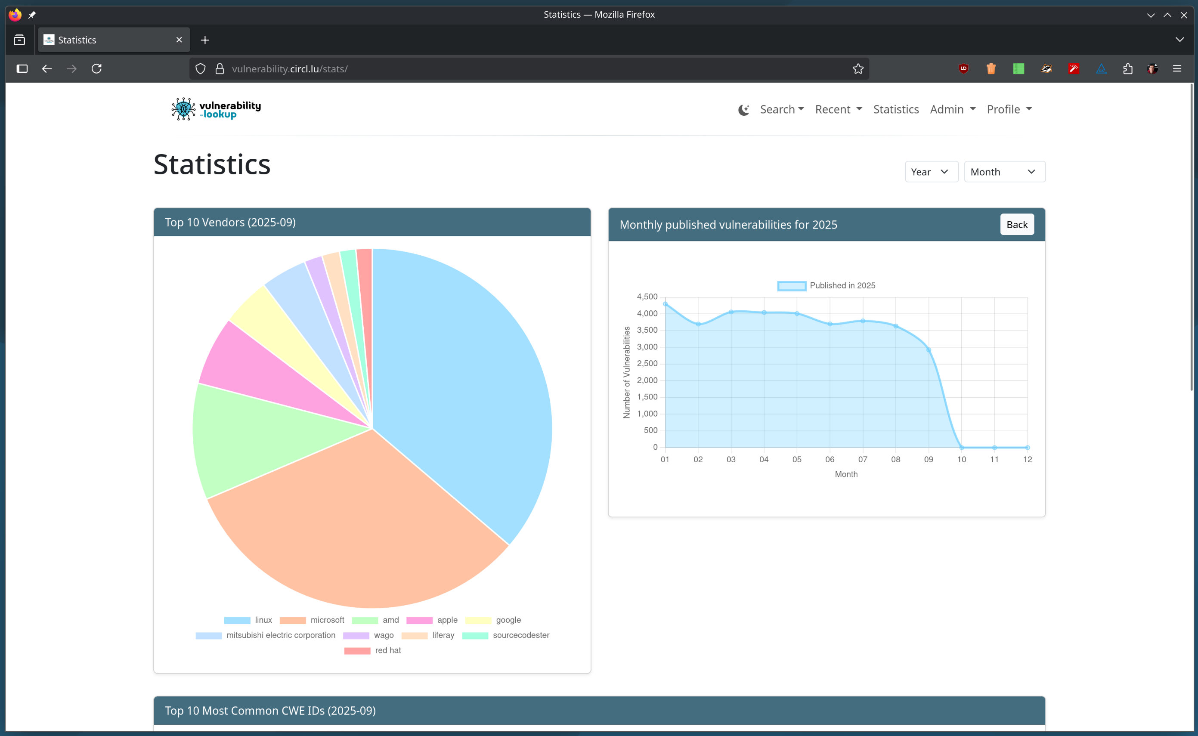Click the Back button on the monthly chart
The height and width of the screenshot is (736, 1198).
pos(1016,224)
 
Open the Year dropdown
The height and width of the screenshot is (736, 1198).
pos(931,172)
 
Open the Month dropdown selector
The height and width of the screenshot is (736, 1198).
pos(1004,172)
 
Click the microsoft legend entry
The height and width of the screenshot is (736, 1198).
pos(312,620)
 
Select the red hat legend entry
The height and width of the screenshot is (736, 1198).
pos(372,650)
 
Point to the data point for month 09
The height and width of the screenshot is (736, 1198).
pos(929,349)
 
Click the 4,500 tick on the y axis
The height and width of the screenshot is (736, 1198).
pos(647,297)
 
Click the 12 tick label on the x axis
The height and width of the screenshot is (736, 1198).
pos(1027,460)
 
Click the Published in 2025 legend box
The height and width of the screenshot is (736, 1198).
pos(792,286)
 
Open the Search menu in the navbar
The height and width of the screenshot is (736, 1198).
pos(781,109)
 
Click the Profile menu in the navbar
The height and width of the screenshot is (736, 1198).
pos(1009,109)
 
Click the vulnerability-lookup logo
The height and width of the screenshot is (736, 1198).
pos(216,109)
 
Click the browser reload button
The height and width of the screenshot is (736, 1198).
pos(96,68)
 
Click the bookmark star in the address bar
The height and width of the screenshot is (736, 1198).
pos(858,68)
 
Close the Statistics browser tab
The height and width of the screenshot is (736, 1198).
pos(179,40)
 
